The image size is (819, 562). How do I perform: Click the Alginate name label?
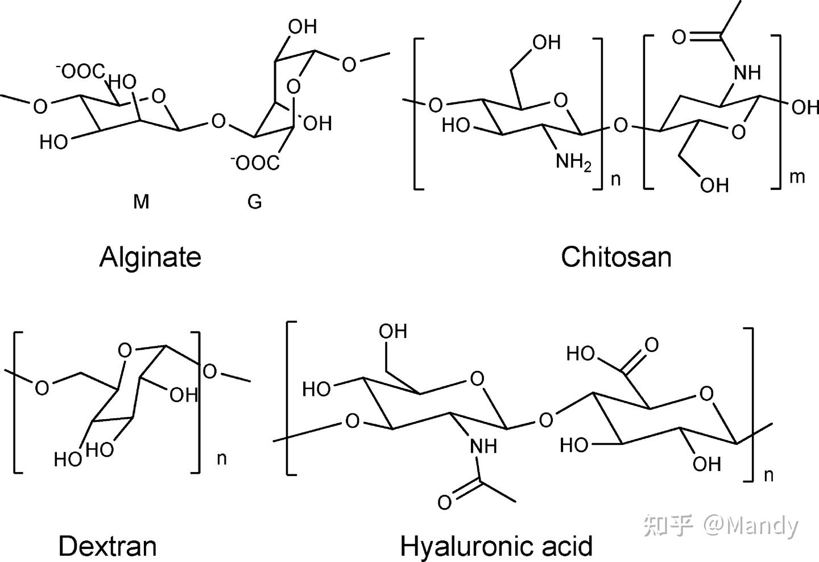coord(150,257)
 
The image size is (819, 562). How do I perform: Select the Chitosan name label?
coord(616,257)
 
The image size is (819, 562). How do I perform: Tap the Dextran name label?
coord(107,546)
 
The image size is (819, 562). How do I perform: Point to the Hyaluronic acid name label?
coord(496,546)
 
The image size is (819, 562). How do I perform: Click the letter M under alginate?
coord(141,201)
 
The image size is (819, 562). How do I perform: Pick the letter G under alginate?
coord(255,201)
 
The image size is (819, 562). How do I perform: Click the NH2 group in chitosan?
coord(573,163)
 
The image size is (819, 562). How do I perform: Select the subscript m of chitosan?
coord(797,177)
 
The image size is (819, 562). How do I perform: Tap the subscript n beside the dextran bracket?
coord(222,458)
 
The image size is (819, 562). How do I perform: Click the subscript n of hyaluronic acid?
coord(769,475)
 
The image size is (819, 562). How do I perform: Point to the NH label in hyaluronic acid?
coord(483,447)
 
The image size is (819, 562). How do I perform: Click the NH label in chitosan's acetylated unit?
coord(747,73)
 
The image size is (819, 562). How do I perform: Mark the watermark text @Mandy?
coord(751,526)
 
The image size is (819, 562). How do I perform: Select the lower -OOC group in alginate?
coord(255,163)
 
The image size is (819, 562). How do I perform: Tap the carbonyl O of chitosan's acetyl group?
coord(679,38)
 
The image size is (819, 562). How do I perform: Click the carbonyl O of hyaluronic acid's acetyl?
coord(445,502)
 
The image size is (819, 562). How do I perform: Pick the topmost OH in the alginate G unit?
coord(303,27)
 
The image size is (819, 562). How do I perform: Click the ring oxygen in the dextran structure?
coord(125,349)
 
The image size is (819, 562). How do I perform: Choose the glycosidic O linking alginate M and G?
coord(218,121)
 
